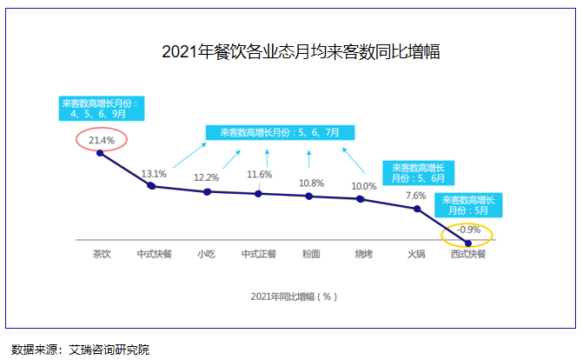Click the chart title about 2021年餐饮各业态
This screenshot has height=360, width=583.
coord(301,53)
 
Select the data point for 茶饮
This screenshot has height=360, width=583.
coord(100,153)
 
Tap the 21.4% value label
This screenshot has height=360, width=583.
coord(102,139)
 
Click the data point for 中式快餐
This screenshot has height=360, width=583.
coord(152,185)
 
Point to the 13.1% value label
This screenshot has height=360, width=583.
coord(153,172)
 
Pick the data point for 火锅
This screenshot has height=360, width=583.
coord(418,209)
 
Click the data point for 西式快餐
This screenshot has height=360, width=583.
coord(469,243)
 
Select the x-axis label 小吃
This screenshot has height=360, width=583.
coord(207,255)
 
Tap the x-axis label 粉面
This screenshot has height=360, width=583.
coord(311,255)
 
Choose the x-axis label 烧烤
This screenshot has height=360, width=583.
coord(363,255)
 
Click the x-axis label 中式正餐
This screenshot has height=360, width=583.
coord(259,255)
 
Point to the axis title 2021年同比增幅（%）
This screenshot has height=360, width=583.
coord(293,296)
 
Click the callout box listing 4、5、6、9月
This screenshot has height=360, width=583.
coord(100,108)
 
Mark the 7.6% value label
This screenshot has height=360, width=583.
coord(415,196)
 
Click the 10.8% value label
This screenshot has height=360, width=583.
coord(311,183)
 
